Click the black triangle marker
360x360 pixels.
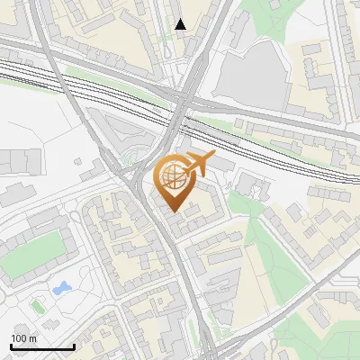[x=181, y=24]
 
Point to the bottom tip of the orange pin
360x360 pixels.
[x=173, y=212]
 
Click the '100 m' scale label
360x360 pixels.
[x=22, y=337]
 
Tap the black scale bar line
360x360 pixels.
[x=41, y=346]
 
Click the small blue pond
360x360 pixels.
[x=61, y=289]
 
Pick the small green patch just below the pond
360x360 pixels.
[x=38, y=305]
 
